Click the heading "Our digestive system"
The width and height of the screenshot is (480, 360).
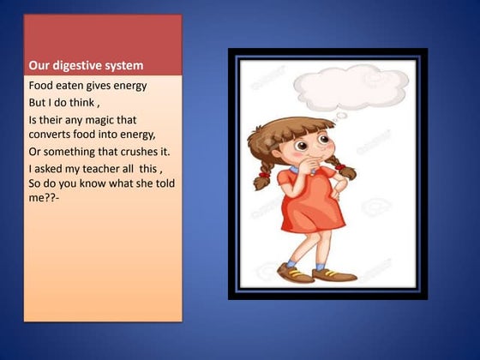(86, 65)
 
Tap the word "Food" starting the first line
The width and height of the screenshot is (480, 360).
(42, 86)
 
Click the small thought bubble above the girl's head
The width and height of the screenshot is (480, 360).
(341, 116)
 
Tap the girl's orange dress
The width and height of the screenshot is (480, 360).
(313, 206)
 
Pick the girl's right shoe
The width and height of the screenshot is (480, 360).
(335, 274)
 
